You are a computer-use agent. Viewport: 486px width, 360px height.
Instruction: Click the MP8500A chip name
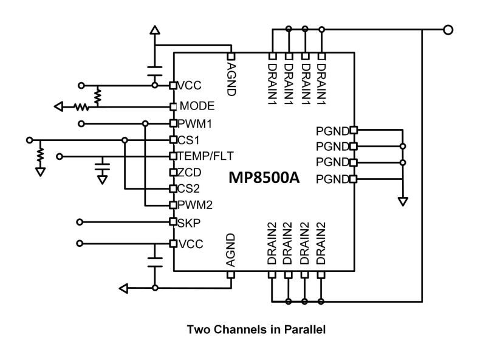[x=264, y=178]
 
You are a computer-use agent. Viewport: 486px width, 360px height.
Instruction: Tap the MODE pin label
[x=197, y=106]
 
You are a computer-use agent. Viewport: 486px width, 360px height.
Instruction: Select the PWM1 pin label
[x=193, y=123]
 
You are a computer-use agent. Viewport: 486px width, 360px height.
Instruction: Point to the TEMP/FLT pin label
[x=205, y=156]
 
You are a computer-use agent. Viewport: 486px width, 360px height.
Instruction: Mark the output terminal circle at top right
[x=448, y=29]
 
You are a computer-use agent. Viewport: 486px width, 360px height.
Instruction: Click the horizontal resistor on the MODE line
[x=81, y=107]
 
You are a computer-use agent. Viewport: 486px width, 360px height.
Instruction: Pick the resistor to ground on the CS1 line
[x=41, y=154]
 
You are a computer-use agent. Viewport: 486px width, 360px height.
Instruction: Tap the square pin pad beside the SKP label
[x=173, y=222]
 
